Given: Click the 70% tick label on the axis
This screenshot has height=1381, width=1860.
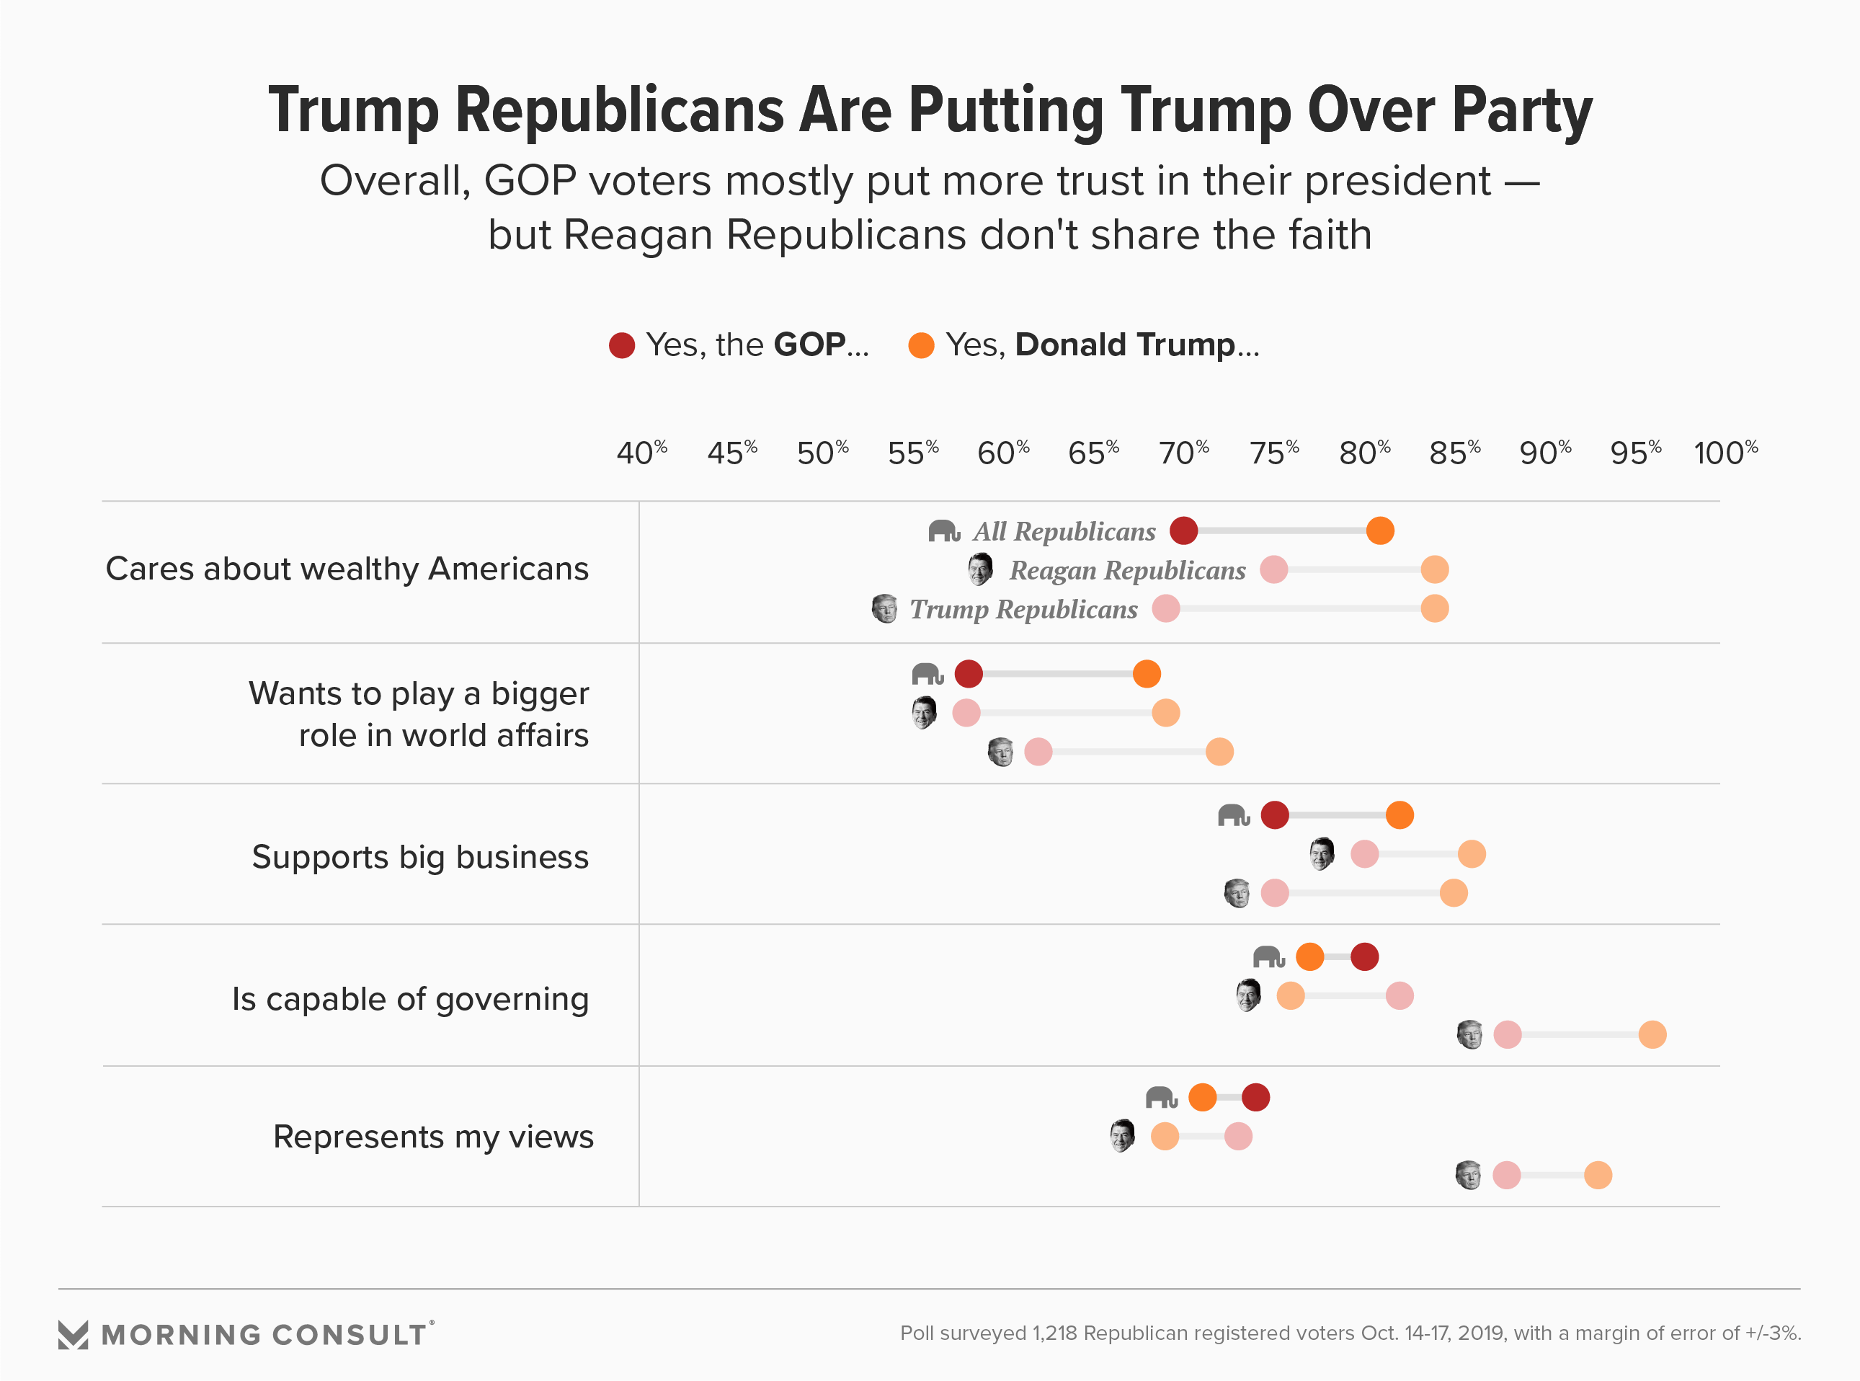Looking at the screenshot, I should [x=1183, y=453].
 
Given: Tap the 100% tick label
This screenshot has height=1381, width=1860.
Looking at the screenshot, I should [x=1725, y=453].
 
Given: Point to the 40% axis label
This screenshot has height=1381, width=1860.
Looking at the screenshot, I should [x=641, y=453].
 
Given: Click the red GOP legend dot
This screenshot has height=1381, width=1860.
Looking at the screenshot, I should [x=622, y=345].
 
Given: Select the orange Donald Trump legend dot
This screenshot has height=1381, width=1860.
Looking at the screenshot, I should [x=921, y=345].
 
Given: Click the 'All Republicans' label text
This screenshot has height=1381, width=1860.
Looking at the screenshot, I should [x=1064, y=532].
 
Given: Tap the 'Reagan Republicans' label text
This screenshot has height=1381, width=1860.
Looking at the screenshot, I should [x=1127, y=570].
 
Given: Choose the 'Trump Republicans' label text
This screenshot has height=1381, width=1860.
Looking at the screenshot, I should [x=1023, y=609].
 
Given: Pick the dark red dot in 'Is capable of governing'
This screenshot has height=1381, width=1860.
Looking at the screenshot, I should [x=1364, y=956].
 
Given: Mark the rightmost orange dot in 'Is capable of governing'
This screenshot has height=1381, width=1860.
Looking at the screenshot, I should [x=1652, y=1035].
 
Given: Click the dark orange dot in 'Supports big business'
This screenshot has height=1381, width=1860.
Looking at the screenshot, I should [x=1400, y=815].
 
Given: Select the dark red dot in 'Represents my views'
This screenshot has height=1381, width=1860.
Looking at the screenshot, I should [x=1256, y=1098].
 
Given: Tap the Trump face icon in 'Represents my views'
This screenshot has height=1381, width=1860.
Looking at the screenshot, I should [x=1468, y=1175].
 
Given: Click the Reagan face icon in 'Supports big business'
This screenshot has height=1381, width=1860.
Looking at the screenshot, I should [x=1322, y=853].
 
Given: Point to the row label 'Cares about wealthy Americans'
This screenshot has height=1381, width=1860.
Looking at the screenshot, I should [x=347, y=569].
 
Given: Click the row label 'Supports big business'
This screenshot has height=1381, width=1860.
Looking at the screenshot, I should [x=420, y=858].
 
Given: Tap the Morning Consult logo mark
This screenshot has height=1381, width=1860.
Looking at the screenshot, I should [x=73, y=1335].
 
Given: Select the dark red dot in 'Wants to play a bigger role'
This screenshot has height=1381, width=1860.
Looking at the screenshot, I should [x=969, y=673].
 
